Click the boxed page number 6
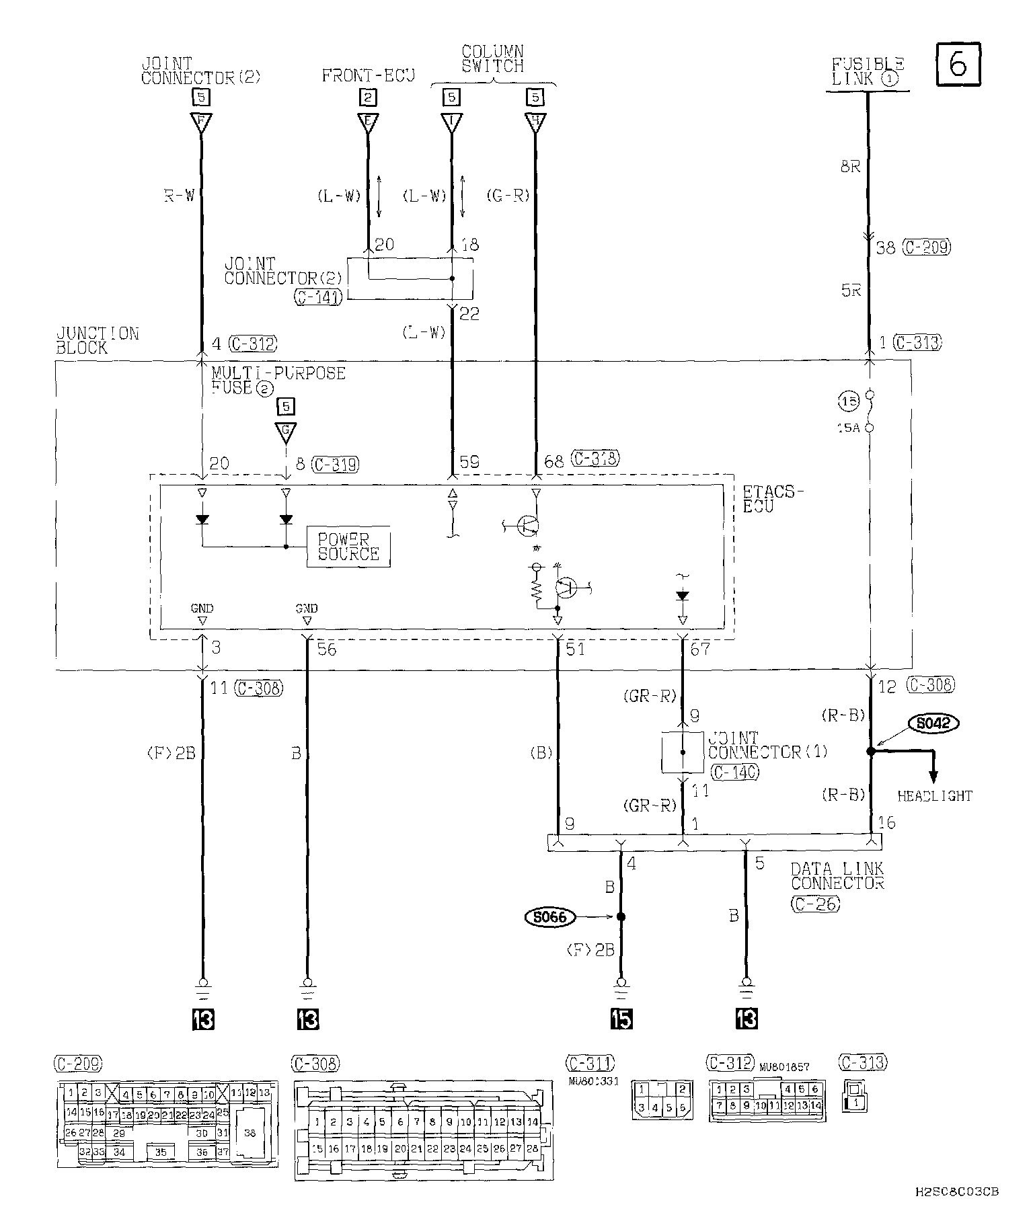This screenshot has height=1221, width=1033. coord(958,65)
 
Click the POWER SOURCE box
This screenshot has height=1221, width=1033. coord(348,547)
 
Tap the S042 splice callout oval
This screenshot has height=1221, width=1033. coord(933,723)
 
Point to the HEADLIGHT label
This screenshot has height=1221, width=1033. coord(935,796)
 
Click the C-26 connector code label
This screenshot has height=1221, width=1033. coord(815,904)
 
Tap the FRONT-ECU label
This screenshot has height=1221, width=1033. coord(368,75)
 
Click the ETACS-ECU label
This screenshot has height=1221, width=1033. coord(773,499)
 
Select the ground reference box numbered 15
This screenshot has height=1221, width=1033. coord(621,1019)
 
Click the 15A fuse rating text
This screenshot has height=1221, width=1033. coord(849,428)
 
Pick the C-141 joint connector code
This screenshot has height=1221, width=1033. coord(318,297)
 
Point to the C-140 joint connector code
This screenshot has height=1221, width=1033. coord(734,773)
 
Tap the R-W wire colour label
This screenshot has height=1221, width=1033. coord(179,196)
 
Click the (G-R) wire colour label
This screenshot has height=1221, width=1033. coord(508,196)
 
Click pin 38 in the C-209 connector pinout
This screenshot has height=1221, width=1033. coord(250,1133)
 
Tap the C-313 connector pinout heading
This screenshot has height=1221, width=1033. coord(863,1062)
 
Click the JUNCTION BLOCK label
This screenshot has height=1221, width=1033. coord(98,341)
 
